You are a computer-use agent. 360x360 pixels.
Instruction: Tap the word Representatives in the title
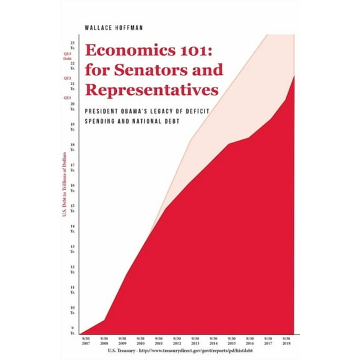(x=152, y=90)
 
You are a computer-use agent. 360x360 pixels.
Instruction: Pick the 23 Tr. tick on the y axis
(x=73, y=45)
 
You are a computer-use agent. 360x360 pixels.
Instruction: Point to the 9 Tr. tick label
(x=73, y=331)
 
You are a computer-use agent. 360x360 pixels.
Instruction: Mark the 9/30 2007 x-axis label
(x=86, y=342)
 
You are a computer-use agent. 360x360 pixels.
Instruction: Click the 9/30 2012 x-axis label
(x=177, y=342)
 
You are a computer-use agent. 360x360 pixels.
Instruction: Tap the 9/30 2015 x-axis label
(x=231, y=342)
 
